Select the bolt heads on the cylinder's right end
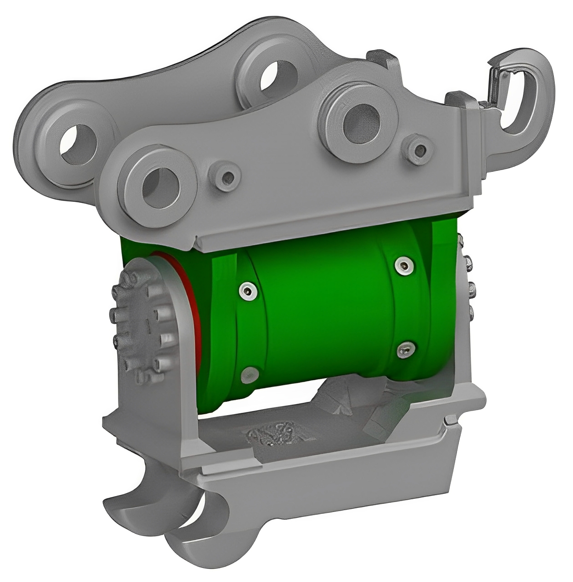pyautogui.click(x=469, y=286)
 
